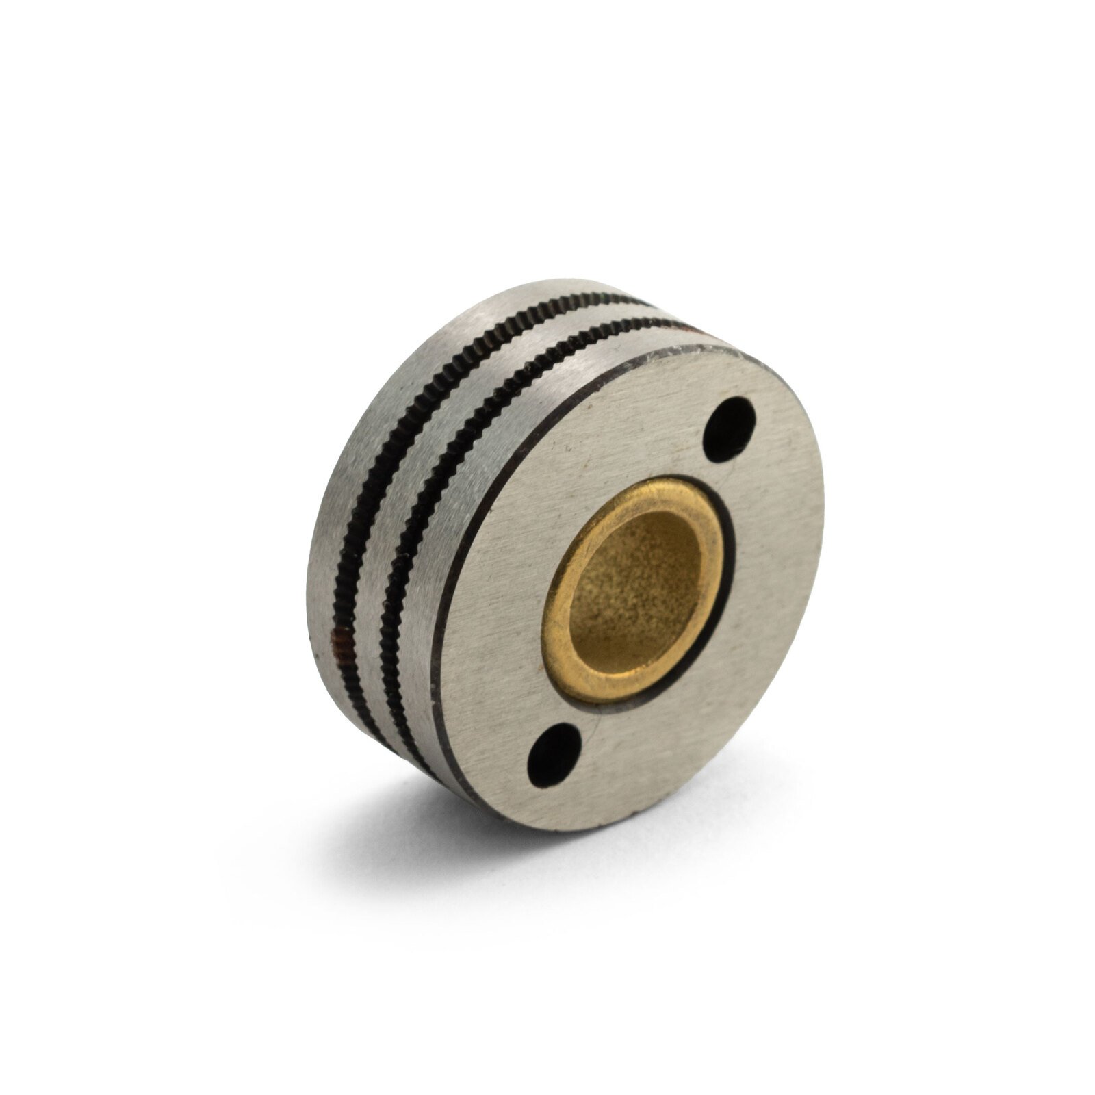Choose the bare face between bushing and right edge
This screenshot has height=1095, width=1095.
(x=773, y=582)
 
